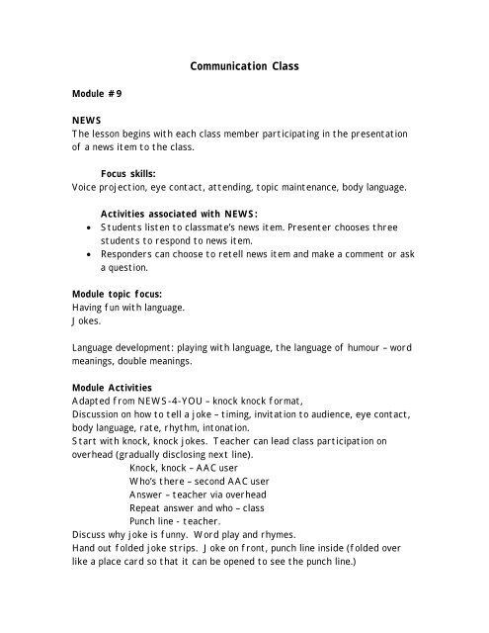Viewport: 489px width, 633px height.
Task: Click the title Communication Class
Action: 244,67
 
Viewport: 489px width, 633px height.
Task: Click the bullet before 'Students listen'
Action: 91,227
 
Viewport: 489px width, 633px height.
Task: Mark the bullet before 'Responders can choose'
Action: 91,253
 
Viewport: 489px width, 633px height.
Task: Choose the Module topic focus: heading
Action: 118,295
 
